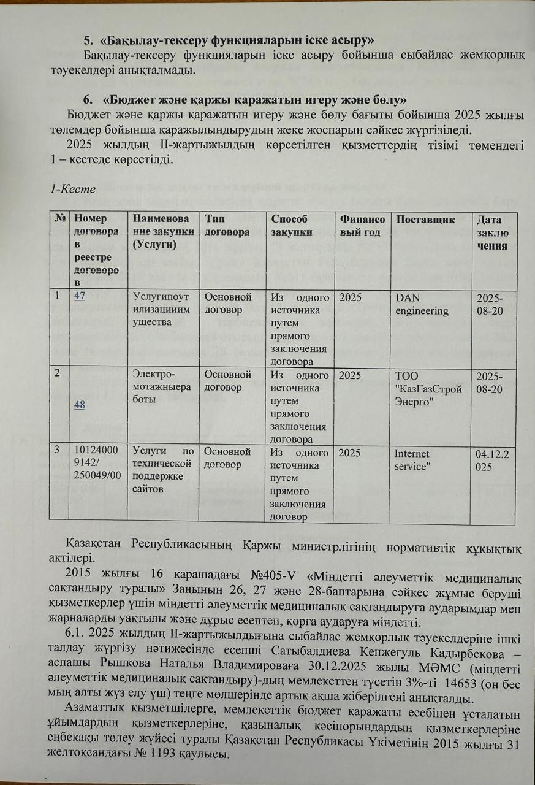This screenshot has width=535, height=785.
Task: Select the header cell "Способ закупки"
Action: click(x=292, y=226)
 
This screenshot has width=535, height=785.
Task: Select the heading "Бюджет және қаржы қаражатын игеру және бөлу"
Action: click(x=256, y=99)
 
